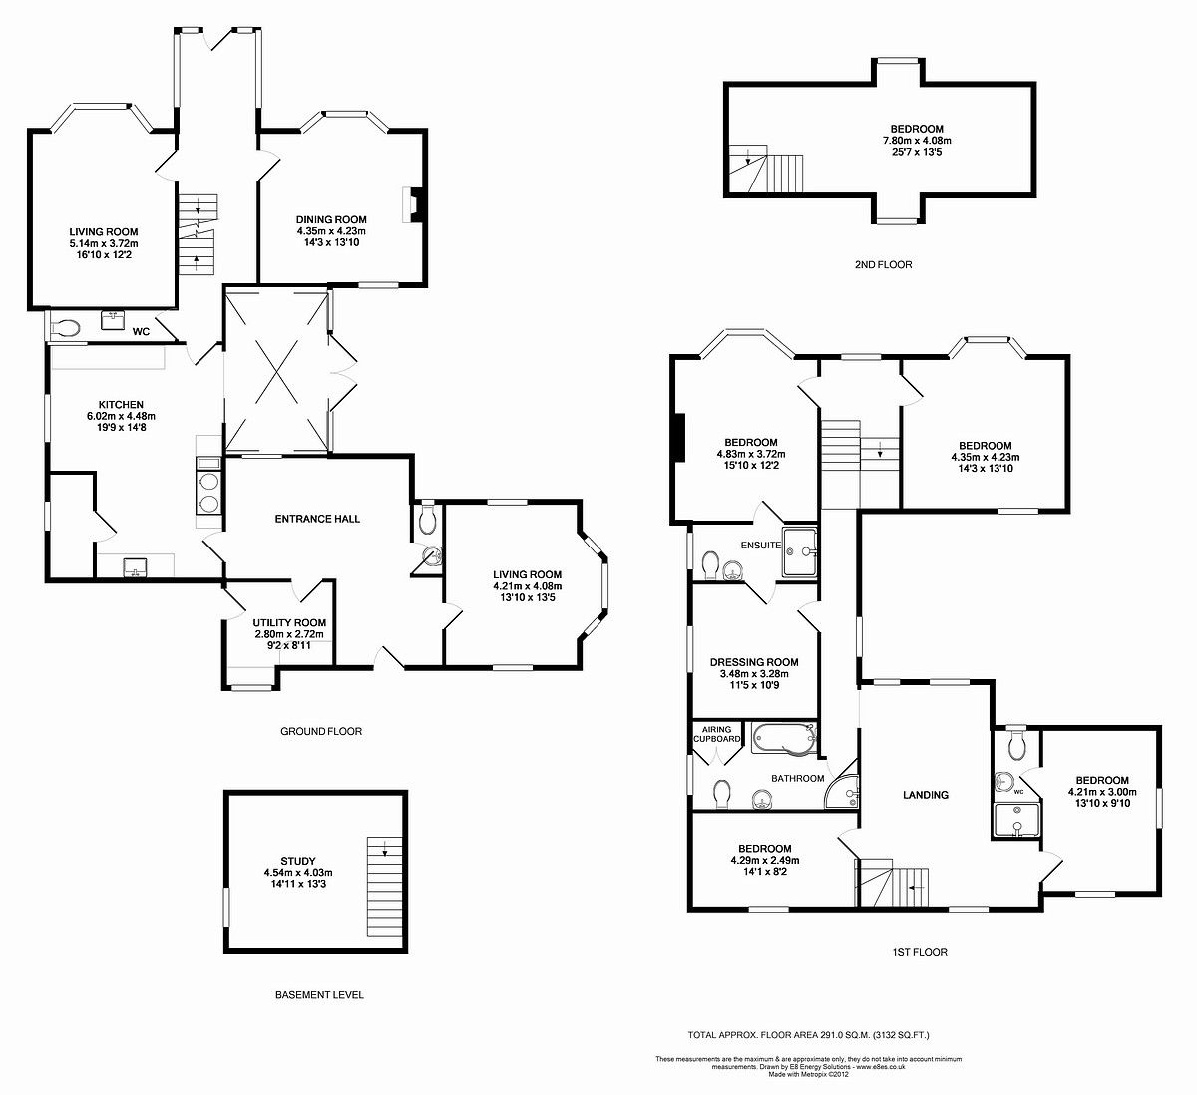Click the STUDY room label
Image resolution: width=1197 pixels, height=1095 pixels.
pyautogui.click(x=297, y=861)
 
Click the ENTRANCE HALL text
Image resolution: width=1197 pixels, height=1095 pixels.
pyautogui.click(x=317, y=519)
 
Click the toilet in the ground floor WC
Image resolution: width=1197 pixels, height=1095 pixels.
pyautogui.click(x=66, y=326)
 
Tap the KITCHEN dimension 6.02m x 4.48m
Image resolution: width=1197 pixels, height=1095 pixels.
pyautogui.click(x=121, y=416)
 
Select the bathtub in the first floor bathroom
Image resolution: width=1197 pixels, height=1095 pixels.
pyautogui.click(x=784, y=739)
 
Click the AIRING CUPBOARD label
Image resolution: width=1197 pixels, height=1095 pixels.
pyautogui.click(x=716, y=734)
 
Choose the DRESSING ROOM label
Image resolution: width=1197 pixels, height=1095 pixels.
pyautogui.click(x=754, y=662)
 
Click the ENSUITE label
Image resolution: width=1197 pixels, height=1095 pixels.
pyautogui.click(x=760, y=545)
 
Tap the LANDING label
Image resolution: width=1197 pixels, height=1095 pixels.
pyautogui.click(x=925, y=795)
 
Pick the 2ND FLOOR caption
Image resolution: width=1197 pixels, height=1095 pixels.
pyautogui.click(x=883, y=265)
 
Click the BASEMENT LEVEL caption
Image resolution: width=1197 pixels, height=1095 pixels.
pyautogui.click(x=319, y=995)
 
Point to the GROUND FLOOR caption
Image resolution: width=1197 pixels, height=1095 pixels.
pyautogui.click(x=321, y=731)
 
